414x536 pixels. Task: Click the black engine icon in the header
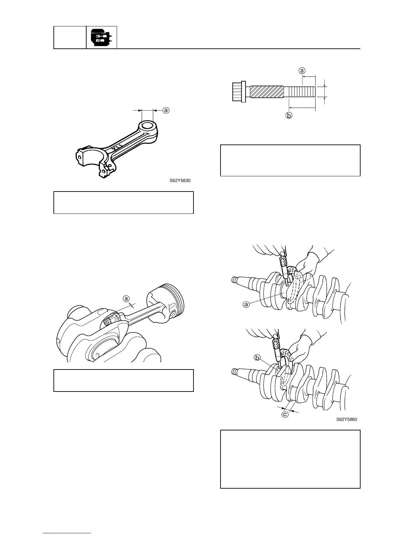pyautogui.click(x=101, y=37)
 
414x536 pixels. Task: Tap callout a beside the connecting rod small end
pyautogui.click(x=166, y=110)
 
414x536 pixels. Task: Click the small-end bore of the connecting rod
pyautogui.click(x=148, y=126)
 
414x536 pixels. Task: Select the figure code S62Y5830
pyautogui.click(x=180, y=181)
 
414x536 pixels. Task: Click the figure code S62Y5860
pyautogui.click(x=347, y=420)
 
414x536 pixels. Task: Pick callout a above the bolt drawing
pyautogui.click(x=302, y=71)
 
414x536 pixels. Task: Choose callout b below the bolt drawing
pyautogui.click(x=289, y=116)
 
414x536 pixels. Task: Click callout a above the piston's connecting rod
pyautogui.click(x=126, y=299)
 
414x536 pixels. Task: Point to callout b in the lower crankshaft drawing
pyautogui.click(x=257, y=358)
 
